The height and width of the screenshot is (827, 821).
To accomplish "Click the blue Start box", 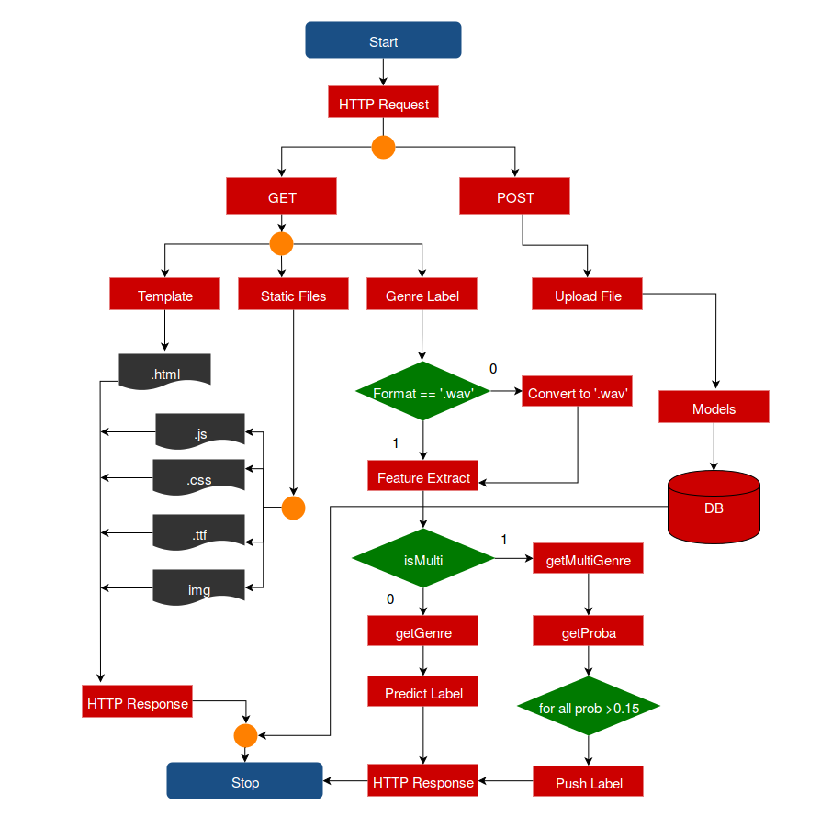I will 383,41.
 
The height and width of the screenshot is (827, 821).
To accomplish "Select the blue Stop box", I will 244,782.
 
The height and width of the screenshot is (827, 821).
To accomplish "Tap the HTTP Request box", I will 383,104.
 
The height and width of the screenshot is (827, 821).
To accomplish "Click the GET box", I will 281,197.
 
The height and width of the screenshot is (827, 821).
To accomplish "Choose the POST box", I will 514,197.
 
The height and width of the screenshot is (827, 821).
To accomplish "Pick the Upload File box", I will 587,296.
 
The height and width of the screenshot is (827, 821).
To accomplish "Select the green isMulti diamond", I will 422,558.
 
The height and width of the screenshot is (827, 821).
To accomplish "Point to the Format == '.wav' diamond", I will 422,392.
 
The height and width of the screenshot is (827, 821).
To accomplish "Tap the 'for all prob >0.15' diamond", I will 588,708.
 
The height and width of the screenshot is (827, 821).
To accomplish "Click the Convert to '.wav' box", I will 577,393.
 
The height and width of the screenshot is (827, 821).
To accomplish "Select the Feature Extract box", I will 422,477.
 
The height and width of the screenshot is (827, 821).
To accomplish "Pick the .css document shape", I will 198,478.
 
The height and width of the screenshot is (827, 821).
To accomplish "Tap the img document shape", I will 198,587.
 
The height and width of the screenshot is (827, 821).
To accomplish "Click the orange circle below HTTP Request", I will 383,147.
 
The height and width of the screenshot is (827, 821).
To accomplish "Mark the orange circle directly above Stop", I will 245,735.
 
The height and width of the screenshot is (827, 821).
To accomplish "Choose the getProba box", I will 588,632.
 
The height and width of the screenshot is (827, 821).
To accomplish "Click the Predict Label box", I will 422,693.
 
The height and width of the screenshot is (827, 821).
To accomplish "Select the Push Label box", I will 588,782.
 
